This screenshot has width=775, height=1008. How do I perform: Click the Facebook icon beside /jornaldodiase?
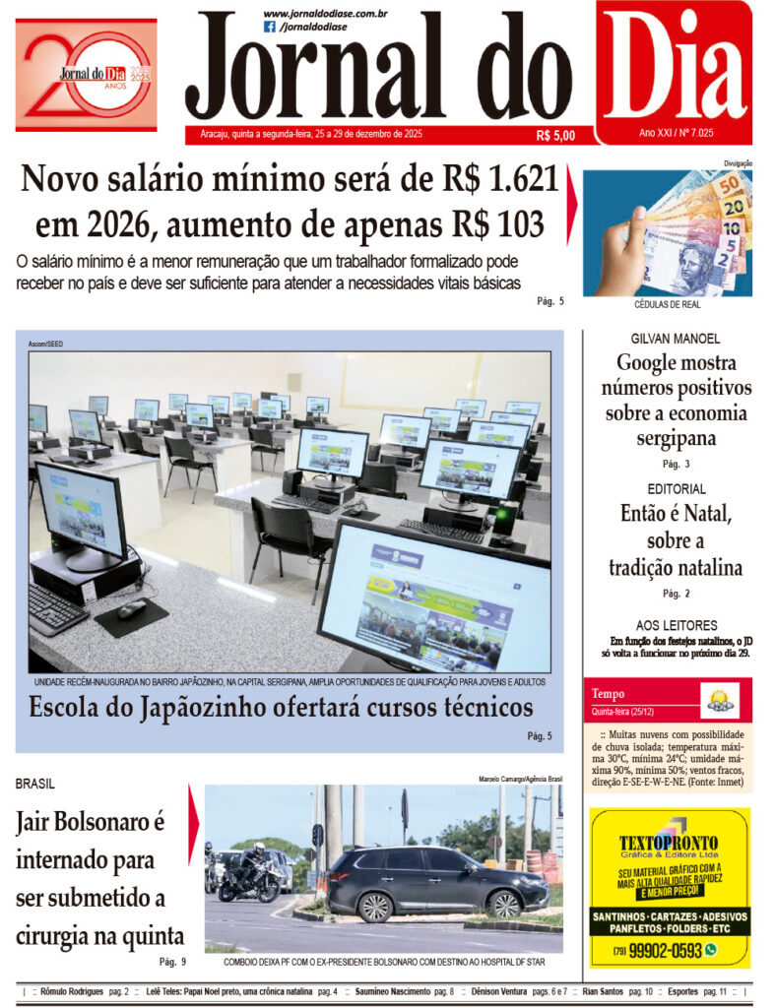pos(270,27)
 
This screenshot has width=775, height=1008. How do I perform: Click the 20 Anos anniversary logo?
pos(86,74)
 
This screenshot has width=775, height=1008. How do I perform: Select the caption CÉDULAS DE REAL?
pos(668,305)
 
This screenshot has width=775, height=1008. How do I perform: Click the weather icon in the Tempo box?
pos(719,700)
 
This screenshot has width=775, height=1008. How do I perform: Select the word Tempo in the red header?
pos(608,694)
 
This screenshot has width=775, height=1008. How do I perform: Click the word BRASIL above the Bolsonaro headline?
pos(35,784)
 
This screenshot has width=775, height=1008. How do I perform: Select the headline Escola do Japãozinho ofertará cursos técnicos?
pos(281,708)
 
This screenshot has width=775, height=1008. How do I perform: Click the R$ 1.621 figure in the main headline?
pos(483,180)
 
